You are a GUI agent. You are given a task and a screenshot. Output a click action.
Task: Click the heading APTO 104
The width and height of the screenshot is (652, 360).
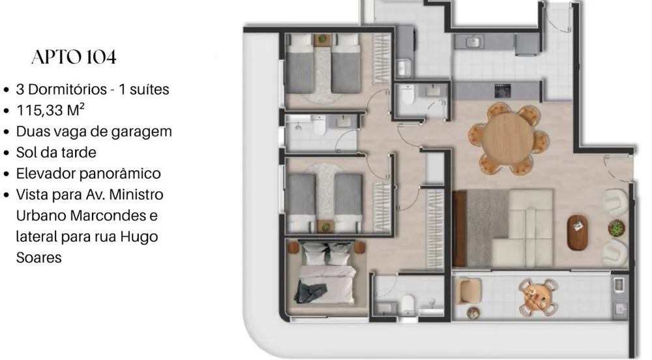click(74, 57)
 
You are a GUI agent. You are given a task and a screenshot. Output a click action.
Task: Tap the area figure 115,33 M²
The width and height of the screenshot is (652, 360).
click(50, 110)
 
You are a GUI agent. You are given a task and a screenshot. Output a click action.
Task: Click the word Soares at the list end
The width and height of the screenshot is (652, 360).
click(38, 258)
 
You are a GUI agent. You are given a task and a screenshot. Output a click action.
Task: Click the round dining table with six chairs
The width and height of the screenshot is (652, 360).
click(508, 138)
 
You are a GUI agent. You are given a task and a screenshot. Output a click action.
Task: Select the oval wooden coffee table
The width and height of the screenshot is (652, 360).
click(577, 233)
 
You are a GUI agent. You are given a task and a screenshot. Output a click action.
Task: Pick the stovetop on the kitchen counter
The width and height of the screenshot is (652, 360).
click(502, 91)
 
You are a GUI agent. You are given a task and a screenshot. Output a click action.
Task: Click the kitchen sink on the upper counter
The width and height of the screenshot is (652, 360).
click(473, 42)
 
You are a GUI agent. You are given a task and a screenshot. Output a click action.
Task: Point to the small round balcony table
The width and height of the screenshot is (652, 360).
click(538, 297)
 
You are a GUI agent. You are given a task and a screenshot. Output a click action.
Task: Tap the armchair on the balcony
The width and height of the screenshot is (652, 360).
click(469, 291)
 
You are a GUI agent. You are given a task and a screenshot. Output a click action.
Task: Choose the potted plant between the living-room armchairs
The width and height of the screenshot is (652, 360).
click(616, 228)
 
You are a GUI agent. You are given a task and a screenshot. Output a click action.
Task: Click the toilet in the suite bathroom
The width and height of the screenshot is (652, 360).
click(408, 305)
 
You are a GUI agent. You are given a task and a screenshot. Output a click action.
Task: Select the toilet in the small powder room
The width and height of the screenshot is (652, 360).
click(407, 95)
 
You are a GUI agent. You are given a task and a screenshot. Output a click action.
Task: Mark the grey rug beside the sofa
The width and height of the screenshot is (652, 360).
click(486, 228)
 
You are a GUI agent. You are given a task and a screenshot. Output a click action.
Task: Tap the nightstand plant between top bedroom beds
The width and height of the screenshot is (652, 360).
click(322, 40)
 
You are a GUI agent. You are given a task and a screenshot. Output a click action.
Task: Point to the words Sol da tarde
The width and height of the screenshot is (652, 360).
click(56, 153)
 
